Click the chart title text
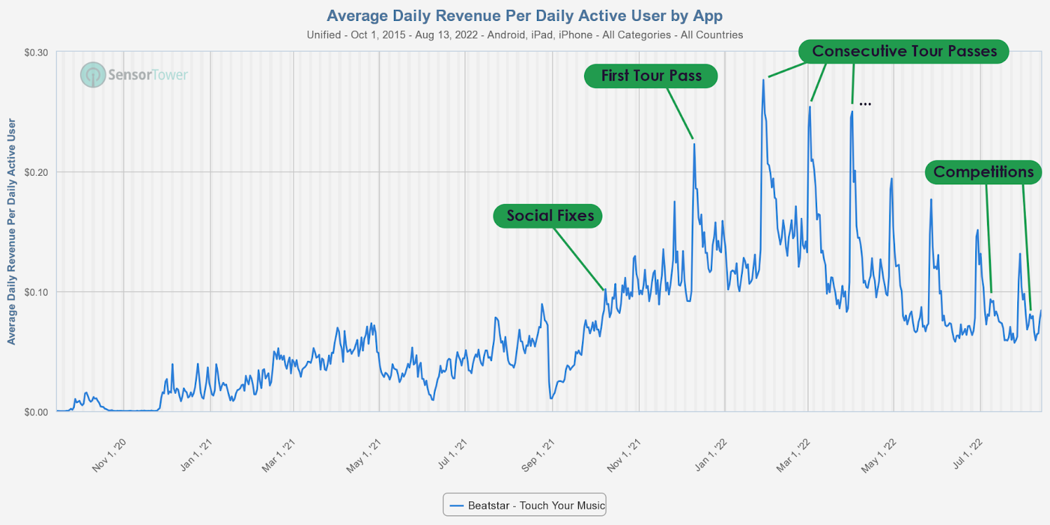(524, 16)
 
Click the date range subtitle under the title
(524, 35)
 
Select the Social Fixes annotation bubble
(548, 216)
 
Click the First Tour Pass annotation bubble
(650, 76)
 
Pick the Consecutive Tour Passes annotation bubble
(904, 51)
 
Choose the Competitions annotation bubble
(982, 172)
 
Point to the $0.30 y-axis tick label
(36, 52)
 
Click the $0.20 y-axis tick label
(36, 172)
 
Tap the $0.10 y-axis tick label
(36, 292)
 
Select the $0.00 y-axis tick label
(36, 412)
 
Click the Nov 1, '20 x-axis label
(109, 455)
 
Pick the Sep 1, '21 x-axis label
(537, 455)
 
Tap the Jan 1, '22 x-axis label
(711, 455)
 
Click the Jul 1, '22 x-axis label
(967, 454)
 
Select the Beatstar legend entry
(524, 505)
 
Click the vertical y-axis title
(11, 231)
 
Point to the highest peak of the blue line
(763, 80)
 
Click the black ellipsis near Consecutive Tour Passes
(865, 104)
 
